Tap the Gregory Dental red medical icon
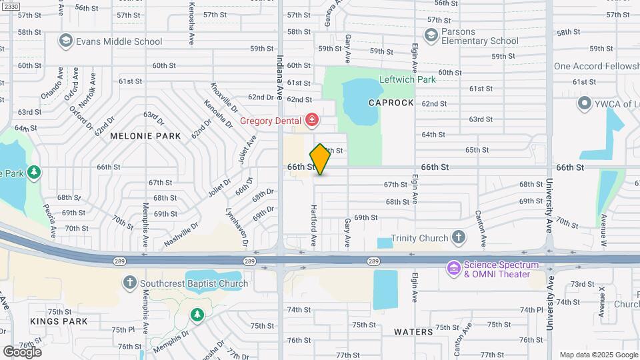pyautogui.click(x=311, y=121)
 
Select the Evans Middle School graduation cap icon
pyautogui.click(x=65, y=41)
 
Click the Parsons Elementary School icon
pyautogui.click(x=431, y=35)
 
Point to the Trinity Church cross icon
pyautogui.click(x=458, y=237)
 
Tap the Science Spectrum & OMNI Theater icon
pyautogui.click(x=454, y=269)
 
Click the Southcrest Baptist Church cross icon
pyautogui.click(x=130, y=283)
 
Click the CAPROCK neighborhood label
pyautogui.click(x=391, y=103)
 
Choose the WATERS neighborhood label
pyautogui.click(x=413, y=331)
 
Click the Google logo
pyautogui.click(x=22, y=351)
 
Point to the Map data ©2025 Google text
pyautogui.click(x=598, y=355)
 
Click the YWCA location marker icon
pyautogui.click(x=585, y=103)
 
